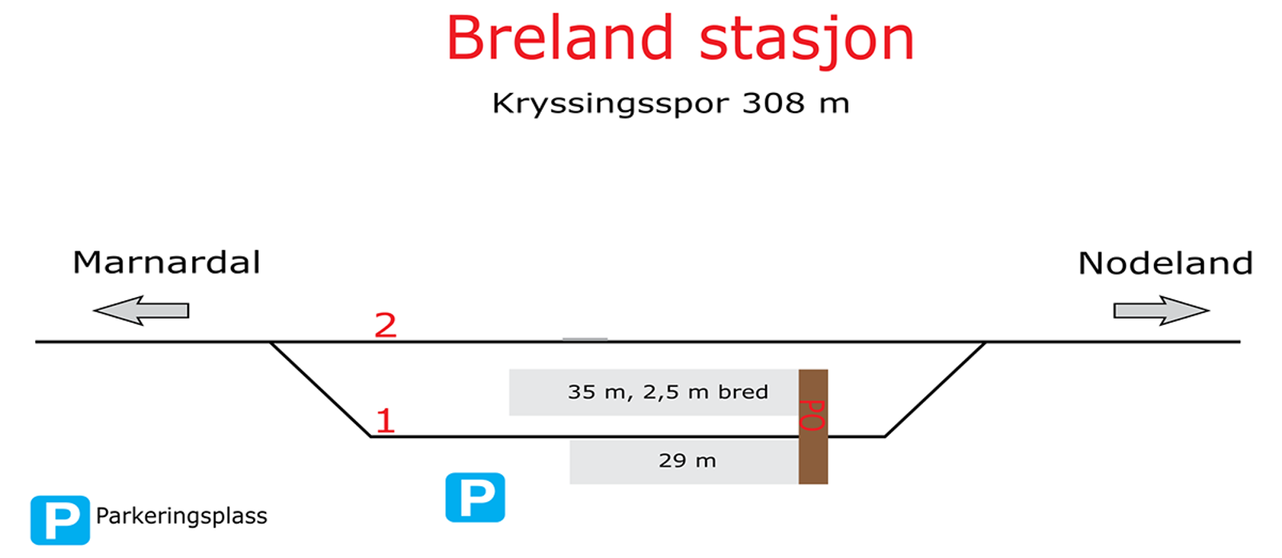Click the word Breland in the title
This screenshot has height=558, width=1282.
coord(560,38)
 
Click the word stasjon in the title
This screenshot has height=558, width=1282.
coord(807,41)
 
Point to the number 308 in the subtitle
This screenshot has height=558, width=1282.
coord(773,103)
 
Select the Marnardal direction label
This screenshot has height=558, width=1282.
coord(166,263)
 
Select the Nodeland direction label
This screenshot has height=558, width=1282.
coord(1165,263)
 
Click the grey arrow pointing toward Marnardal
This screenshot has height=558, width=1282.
coord(141,311)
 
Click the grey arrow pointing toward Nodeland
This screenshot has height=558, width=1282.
coord(1161,311)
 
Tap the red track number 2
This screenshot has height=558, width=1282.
coord(385,325)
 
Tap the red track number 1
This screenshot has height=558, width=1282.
coord(385,421)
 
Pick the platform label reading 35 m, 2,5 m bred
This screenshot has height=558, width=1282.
coord(667,392)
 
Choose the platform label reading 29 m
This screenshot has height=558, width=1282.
coord(687,460)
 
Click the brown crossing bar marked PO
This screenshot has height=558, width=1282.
coord(813,427)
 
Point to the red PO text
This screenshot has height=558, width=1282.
coord(812,415)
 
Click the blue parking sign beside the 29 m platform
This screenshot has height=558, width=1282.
coord(475,497)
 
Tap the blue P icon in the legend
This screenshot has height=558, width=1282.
coord(60,520)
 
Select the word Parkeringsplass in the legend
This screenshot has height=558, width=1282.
coord(181,516)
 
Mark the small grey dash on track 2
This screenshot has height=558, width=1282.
coord(585,339)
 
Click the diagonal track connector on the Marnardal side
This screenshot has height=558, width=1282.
coord(320,389)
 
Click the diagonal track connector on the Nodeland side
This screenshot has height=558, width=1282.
coord(935,389)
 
